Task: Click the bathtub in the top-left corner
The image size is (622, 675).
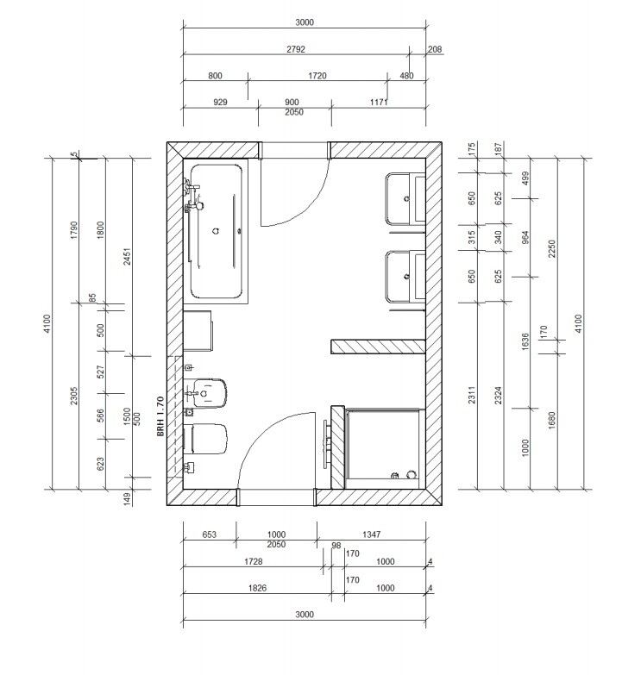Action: [x=216, y=231]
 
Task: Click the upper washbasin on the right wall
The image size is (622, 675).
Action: [x=405, y=198]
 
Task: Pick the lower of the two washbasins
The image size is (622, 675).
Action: [x=405, y=277]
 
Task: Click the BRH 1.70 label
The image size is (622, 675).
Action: [x=160, y=416]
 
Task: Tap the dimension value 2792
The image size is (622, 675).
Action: [x=296, y=49]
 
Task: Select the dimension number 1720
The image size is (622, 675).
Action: [x=317, y=76]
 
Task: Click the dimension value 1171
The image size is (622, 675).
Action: [x=379, y=102]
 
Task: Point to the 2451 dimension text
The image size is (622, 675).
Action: [x=128, y=256]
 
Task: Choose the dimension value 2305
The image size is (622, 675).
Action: [x=74, y=396]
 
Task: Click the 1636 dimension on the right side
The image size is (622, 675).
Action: [x=525, y=341]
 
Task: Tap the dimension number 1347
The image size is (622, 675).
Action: [x=371, y=534]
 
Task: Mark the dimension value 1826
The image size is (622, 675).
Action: [x=257, y=588]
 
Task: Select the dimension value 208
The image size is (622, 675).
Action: [x=435, y=49]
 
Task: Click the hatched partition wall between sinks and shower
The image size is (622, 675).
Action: [x=378, y=347]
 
